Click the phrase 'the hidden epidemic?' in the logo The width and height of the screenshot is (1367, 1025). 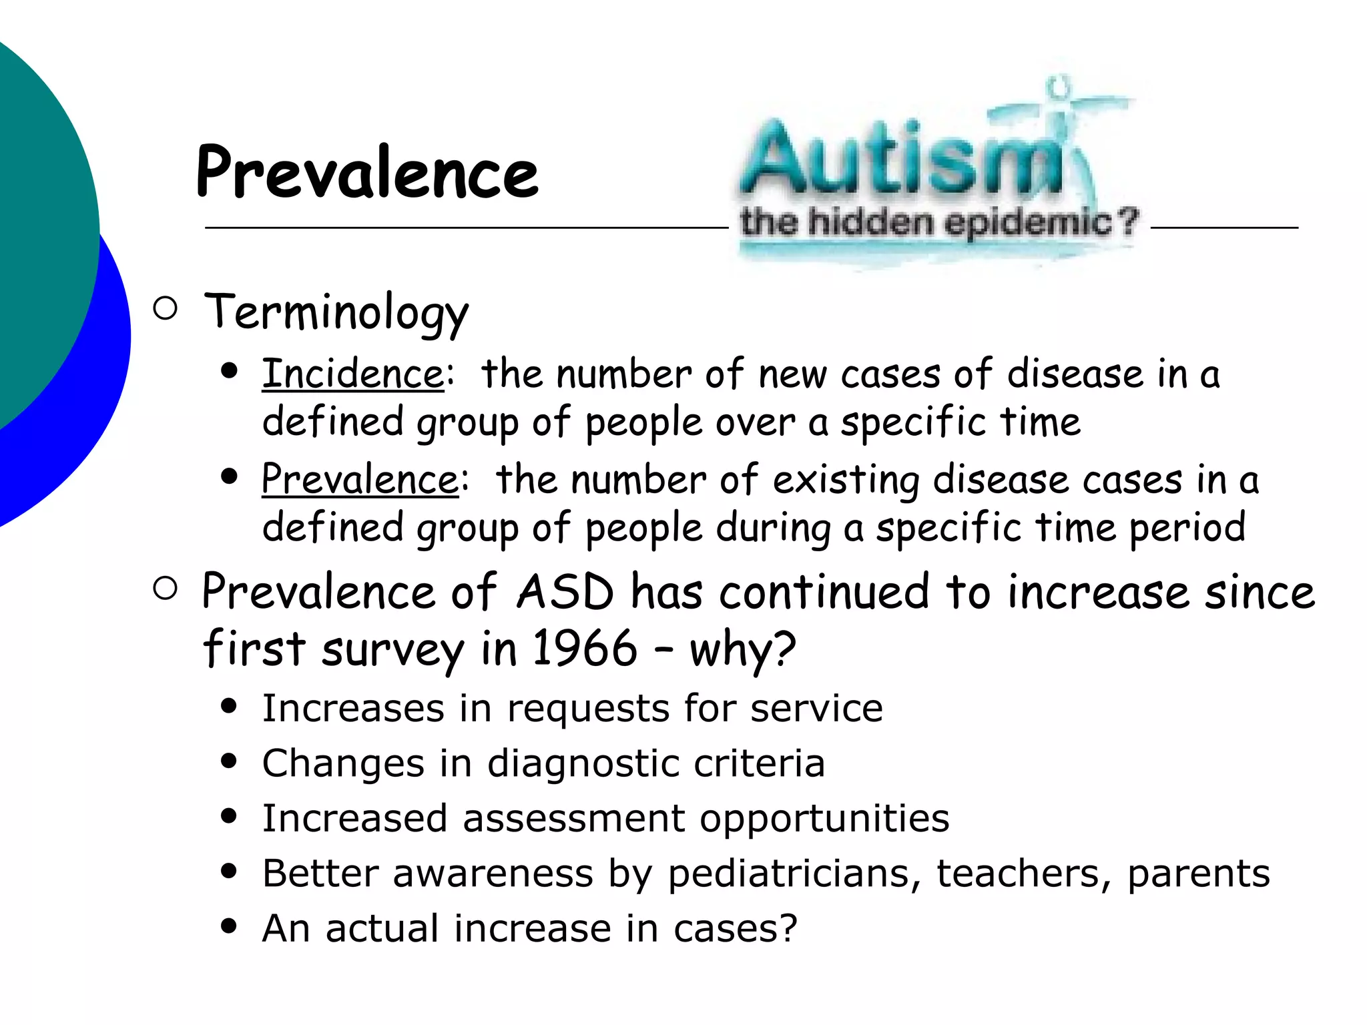pyautogui.click(x=938, y=222)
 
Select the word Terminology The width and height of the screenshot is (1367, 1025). pyautogui.click(x=336, y=312)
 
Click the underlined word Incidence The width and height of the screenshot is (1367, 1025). pyautogui.click(x=352, y=374)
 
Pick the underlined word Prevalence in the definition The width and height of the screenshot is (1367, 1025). pyautogui.click(x=360, y=479)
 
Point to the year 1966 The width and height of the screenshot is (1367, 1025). pyautogui.click(x=585, y=648)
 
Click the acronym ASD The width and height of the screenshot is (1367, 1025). pyautogui.click(x=565, y=592)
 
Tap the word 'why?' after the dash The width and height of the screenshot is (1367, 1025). pyautogui.click(x=742, y=649)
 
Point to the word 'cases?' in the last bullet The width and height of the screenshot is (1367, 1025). pyautogui.click(x=735, y=928)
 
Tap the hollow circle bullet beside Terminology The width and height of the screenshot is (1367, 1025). pyautogui.click(x=165, y=308)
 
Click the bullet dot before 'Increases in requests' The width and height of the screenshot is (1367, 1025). pyautogui.click(x=229, y=707)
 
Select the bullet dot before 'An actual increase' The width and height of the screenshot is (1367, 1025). pyautogui.click(x=229, y=926)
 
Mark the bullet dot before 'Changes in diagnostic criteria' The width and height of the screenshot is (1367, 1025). pyautogui.click(x=229, y=761)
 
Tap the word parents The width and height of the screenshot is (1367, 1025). pyautogui.click(x=1198, y=874)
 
